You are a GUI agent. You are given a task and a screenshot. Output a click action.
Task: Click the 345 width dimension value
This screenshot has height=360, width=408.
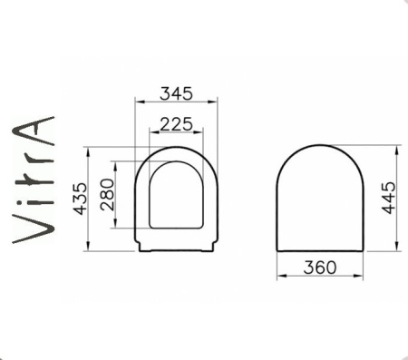point(177,92)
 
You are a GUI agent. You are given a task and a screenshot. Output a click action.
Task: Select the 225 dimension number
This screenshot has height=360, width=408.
point(176,123)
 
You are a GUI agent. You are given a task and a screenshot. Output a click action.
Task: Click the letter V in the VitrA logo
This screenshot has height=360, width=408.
point(32,228)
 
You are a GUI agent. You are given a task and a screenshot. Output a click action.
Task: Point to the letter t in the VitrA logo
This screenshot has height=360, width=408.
point(33,181)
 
